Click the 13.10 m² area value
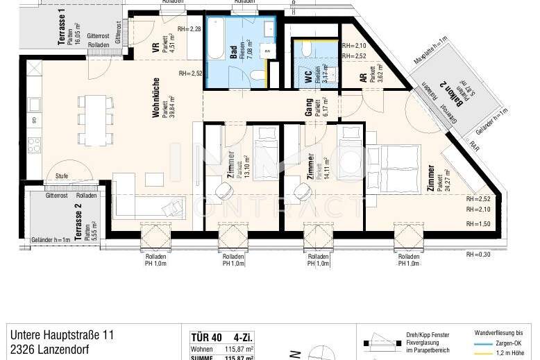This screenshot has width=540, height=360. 247,167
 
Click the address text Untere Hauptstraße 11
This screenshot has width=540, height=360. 62,335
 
